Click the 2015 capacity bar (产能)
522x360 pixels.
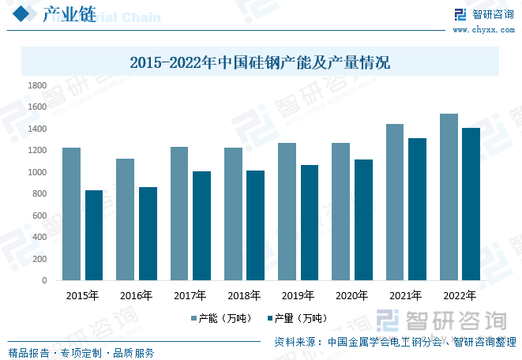pos(71,214)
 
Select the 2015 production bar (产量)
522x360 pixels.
pos(94,235)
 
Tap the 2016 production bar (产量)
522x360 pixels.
pos(148,234)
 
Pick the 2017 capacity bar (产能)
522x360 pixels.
pos(179,213)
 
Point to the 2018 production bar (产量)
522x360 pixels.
pos(256,225)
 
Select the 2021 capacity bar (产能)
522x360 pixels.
pos(394,202)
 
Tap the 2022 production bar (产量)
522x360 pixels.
pos(471,204)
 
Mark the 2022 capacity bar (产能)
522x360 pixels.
pos(449,197)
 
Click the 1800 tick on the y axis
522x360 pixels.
pos(38,85)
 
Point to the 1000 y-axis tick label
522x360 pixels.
pos(38,172)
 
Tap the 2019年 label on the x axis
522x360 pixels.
pos(298,296)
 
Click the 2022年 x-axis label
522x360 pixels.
pos(460,296)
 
